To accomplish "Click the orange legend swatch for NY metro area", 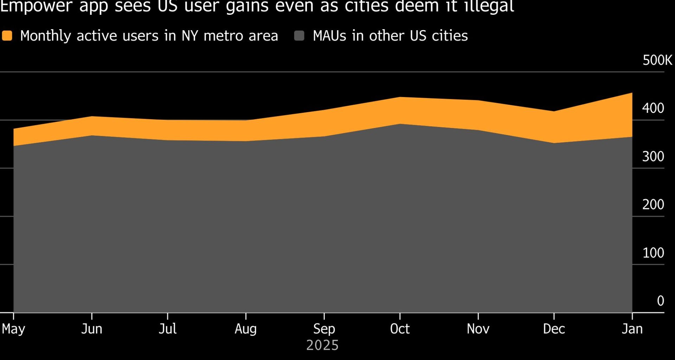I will pyautogui.click(x=7, y=36).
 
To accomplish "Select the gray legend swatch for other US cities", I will pyautogui.click(x=299, y=36).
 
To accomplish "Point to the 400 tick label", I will pyautogui.click(x=653, y=108).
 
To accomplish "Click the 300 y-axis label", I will pyautogui.click(x=653, y=156).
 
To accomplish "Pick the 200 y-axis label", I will pyautogui.click(x=653, y=205).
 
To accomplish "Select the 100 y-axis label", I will pyautogui.click(x=653, y=253).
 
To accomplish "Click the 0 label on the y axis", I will pyautogui.click(x=660, y=301).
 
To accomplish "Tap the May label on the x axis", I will pyautogui.click(x=13, y=329).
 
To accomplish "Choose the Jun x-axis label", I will pyautogui.click(x=92, y=329).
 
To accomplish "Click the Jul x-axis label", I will pyautogui.click(x=168, y=329).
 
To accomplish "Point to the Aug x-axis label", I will pyautogui.click(x=246, y=329).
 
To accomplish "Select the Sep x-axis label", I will pyautogui.click(x=324, y=329).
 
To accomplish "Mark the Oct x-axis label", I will pyautogui.click(x=400, y=329).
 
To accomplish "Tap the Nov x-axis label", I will pyautogui.click(x=478, y=329).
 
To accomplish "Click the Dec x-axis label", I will pyautogui.click(x=554, y=329).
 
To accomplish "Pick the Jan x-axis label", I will pyautogui.click(x=632, y=329).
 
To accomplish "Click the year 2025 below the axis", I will pyautogui.click(x=322, y=345).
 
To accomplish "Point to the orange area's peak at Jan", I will pyautogui.click(x=631, y=94).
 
